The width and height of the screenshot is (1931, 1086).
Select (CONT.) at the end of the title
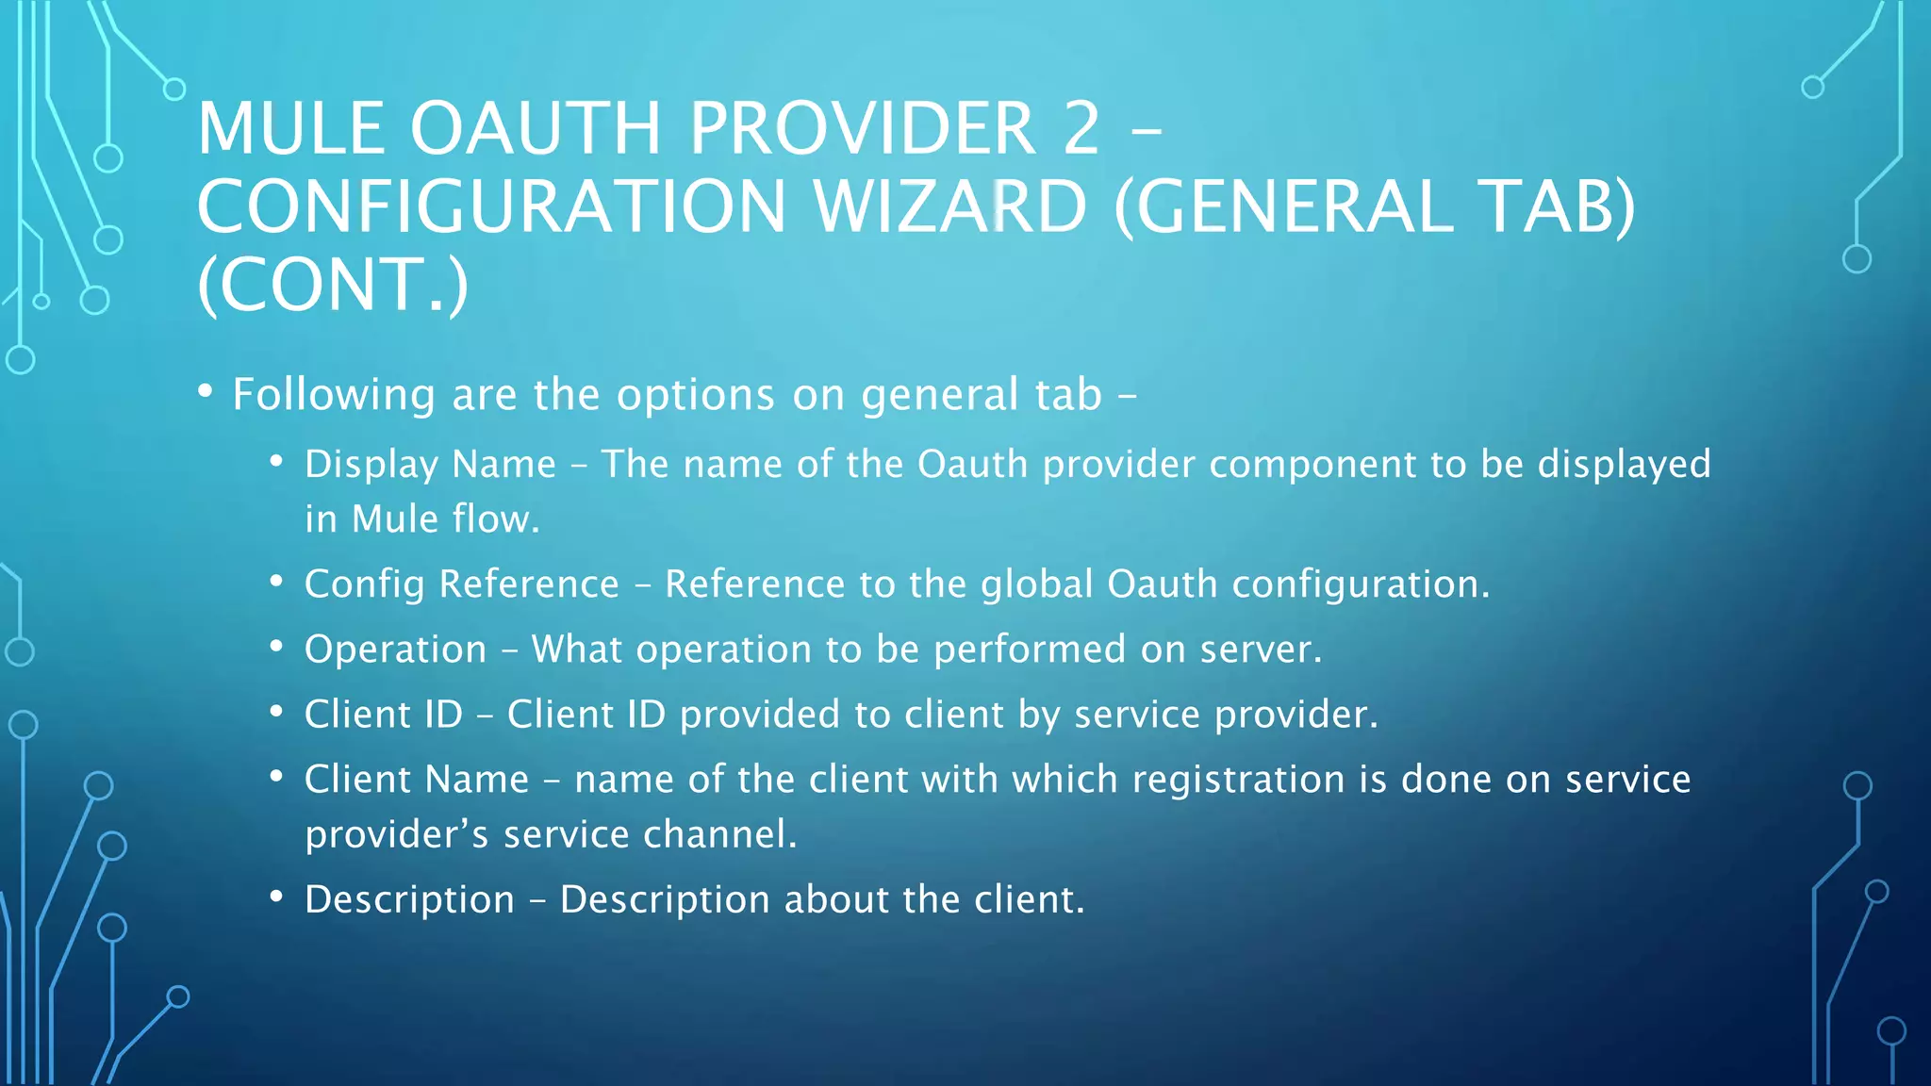[332, 285]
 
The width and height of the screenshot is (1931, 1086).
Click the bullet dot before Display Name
[276, 461]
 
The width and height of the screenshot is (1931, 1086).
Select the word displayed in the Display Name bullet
[1624, 465]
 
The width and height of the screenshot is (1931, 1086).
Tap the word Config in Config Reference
[364, 584]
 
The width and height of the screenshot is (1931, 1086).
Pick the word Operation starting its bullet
[395, 650]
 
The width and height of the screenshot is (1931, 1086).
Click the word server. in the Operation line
[1261, 650]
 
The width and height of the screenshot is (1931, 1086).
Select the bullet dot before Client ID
[276, 712]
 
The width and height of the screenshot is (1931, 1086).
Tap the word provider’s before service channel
[396, 835]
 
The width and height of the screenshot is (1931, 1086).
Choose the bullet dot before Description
[276, 897]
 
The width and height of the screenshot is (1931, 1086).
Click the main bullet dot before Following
[205, 390]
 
